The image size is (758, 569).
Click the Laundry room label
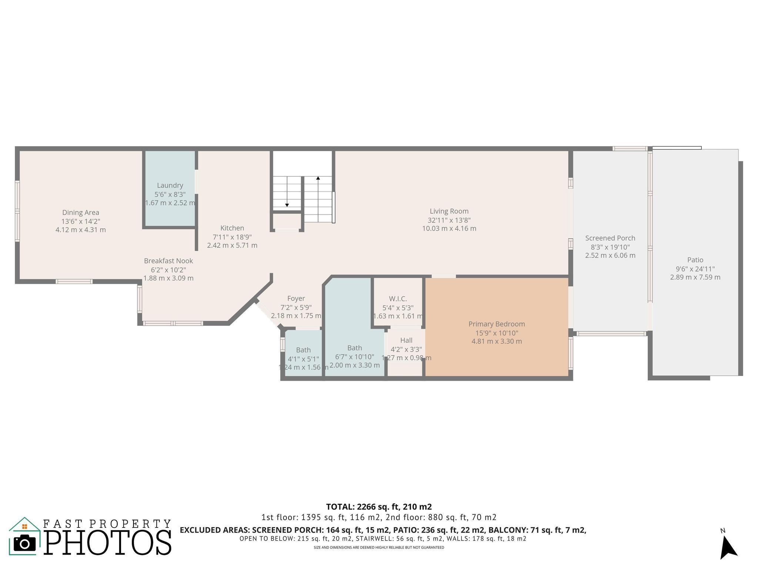170,185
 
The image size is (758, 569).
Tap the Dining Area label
81,212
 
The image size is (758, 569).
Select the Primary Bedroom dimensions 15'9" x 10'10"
497,333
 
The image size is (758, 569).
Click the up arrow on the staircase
318,179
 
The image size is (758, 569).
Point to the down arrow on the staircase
287,204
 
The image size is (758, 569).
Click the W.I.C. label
398,299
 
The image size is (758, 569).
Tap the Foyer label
296,298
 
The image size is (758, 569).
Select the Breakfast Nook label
168,261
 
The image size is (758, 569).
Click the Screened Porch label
610,238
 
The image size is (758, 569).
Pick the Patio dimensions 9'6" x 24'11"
695,269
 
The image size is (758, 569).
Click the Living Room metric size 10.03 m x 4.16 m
449,229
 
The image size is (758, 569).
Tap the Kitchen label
232,228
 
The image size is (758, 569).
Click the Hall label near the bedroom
406,340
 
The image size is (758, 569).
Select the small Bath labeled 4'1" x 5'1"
303,350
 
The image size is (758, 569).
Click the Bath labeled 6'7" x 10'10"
355,348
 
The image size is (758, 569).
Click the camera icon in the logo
24,543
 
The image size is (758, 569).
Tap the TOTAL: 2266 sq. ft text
379,506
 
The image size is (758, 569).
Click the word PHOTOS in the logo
108,543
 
